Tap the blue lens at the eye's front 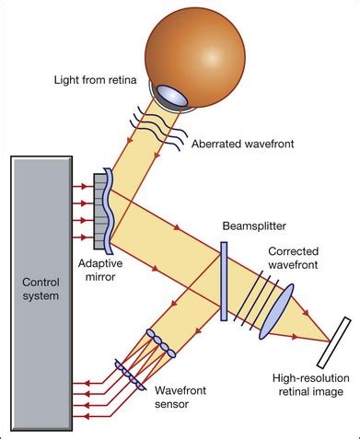point(170,95)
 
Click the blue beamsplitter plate point(224,280)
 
